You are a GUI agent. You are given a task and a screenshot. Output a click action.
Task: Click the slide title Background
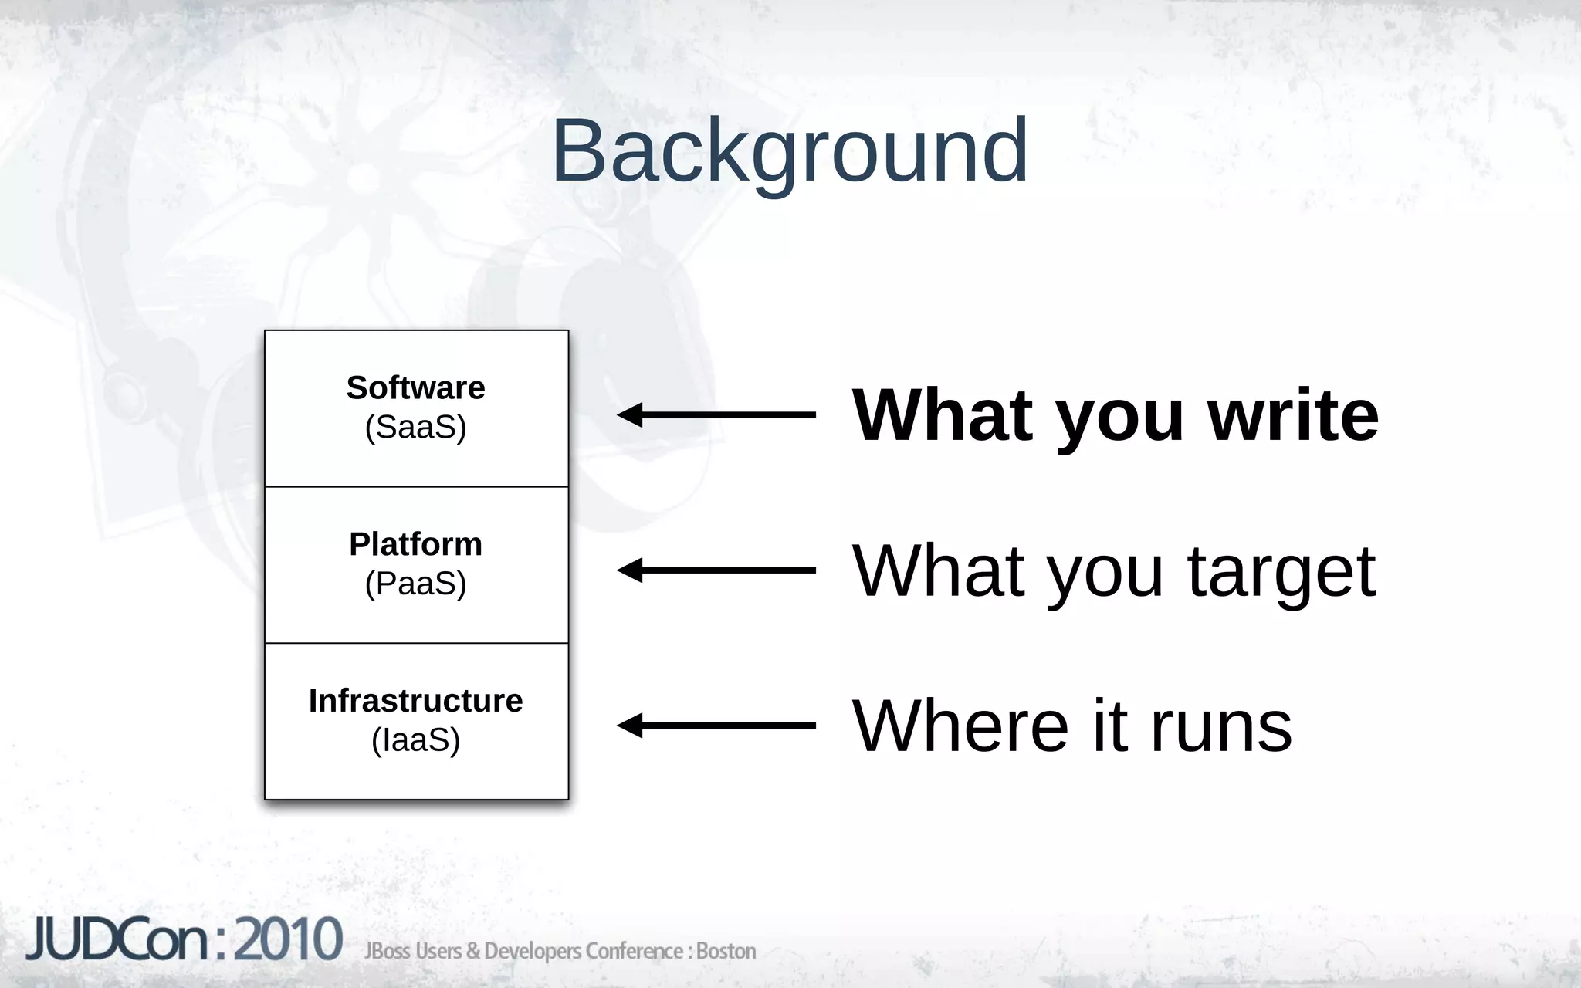click(790, 151)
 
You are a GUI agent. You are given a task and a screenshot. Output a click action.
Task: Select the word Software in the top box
click(415, 388)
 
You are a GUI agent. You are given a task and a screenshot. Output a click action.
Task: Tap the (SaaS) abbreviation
click(415, 428)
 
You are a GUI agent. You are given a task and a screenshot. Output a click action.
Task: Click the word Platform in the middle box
click(415, 544)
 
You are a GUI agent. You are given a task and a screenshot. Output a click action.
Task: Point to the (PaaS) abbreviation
click(415, 584)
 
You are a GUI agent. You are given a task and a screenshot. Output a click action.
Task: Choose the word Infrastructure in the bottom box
click(415, 701)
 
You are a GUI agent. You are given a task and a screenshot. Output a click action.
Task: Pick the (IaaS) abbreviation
click(415, 740)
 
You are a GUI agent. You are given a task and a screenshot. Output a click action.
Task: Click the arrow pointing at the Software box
click(716, 415)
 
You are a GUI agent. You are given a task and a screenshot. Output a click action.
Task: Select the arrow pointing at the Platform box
click(716, 570)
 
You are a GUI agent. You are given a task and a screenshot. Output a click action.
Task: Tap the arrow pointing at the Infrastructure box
click(716, 726)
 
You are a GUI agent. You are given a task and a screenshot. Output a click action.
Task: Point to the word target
click(1281, 572)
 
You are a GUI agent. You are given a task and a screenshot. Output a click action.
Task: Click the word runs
click(1221, 727)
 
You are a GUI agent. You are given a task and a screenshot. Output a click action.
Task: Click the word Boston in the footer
click(726, 951)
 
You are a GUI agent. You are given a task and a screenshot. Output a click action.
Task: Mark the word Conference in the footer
click(633, 951)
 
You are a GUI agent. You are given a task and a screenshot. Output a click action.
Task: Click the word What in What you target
click(939, 571)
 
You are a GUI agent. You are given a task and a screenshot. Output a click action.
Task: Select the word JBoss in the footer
click(388, 951)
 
